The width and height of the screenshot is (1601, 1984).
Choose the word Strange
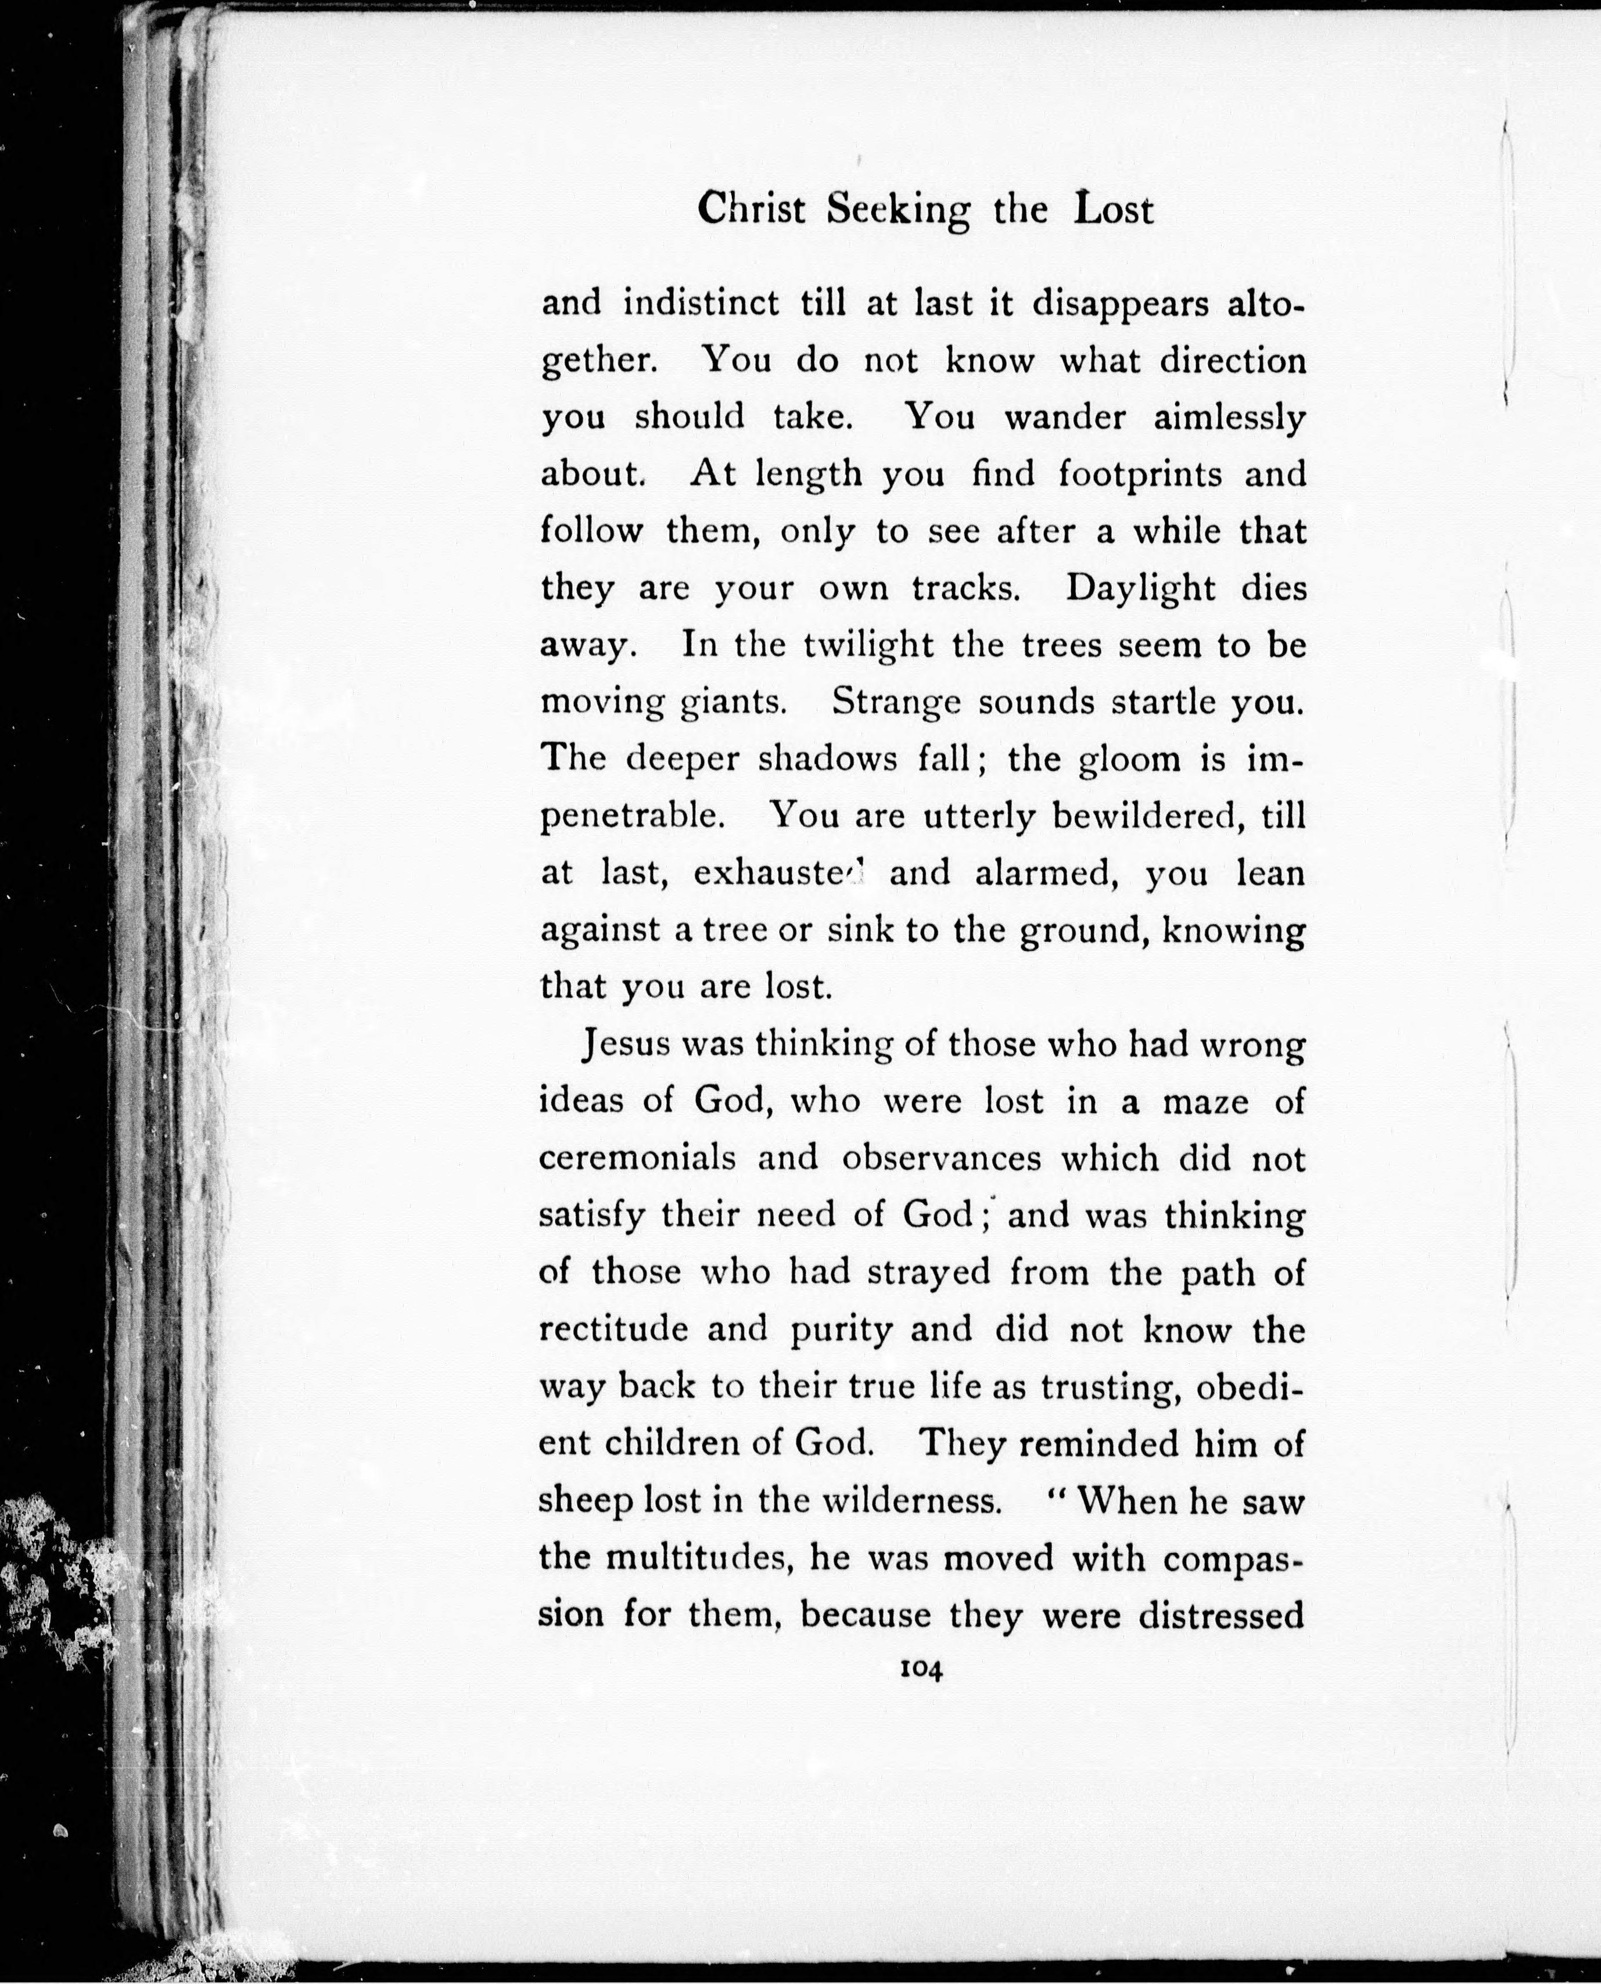(896, 703)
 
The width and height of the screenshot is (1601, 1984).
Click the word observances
(940, 1158)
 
